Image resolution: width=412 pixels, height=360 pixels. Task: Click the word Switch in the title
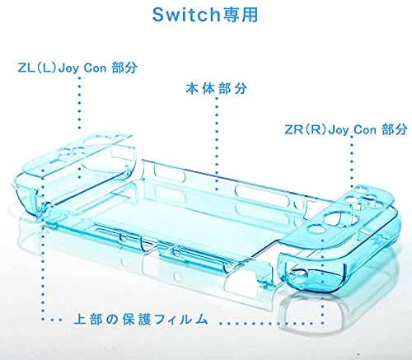coord(186,15)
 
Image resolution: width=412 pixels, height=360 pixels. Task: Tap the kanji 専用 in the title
coord(240,15)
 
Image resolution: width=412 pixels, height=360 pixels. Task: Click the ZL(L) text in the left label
coord(36,68)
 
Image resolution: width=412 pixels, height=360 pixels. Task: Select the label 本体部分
coord(216,88)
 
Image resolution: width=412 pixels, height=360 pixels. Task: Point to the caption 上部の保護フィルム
coord(141,319)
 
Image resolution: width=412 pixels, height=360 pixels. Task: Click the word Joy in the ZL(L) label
coord(68,68)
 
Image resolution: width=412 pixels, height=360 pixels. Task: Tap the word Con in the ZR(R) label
coord(364,129)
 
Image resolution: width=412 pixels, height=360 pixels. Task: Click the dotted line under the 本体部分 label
coord(217,143)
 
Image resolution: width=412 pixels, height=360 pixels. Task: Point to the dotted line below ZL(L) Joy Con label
coord(79,103)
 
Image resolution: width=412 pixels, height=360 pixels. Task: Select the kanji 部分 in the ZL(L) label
coord(124,68)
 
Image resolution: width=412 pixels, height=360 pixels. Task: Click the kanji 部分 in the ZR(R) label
coord(394,129)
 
